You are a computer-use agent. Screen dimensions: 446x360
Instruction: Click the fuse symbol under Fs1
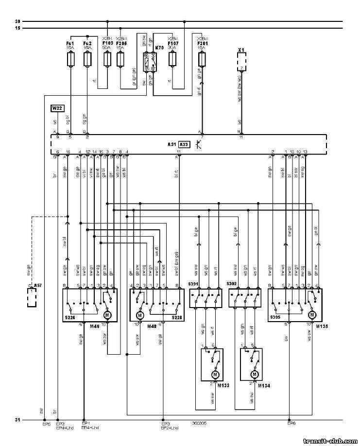point(71,60)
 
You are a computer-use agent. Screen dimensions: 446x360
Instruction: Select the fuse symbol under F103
point(107,59)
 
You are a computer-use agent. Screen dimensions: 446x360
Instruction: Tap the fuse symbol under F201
point(202,60)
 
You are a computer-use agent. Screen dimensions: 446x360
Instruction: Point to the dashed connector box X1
point(241,62)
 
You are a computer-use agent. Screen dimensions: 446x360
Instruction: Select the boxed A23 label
point(184,144)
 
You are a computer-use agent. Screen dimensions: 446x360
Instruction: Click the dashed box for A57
point(33,297)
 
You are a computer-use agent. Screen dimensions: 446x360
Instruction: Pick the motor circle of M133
point(214,375)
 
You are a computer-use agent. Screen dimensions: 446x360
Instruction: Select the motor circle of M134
point(254,375)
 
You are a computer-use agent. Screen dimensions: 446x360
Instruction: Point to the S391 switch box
point(206,298)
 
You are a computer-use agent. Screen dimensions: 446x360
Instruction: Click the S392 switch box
point(245,298)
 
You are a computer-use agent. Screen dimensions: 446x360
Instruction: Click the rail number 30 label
point(17,21)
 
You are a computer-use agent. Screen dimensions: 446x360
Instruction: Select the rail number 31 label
point(17,420)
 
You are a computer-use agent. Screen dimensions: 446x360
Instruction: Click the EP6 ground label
point(291,424)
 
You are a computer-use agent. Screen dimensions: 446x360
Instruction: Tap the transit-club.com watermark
point(329,441)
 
